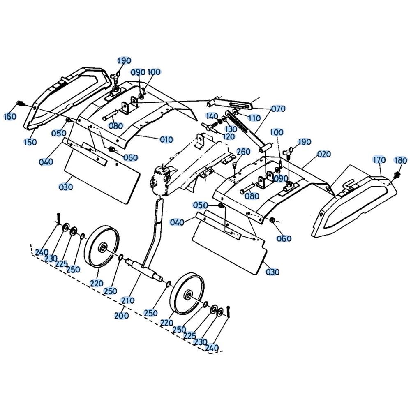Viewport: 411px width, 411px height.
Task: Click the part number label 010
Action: pyautogui.click(x=166, y=139)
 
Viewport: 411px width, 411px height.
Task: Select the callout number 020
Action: pyautogui.click(x=324, y=154)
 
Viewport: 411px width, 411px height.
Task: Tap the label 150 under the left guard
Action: pyautogui.click(x=30, y=142)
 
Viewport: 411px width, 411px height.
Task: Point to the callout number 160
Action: pyautogui.click(x=10, y=116)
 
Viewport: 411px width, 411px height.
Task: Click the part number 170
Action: pyautogui.click(x=379, y=159)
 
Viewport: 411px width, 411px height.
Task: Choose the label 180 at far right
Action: pyautogui.click(x=401, y=160)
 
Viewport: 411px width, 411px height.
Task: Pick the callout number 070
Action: pyautogui.click(x=278, y=108)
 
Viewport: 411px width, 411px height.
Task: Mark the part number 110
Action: pyautogui.click(x=254, y=118)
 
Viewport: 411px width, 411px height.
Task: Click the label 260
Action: pyautogui.click(x=243, y=151)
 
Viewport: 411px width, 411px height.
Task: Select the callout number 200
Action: pyautogui.click(x=121, y=315)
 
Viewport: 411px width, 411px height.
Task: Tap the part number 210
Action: pyautogui.click(x=128, y=300)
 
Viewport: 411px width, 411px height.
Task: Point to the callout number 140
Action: pyautogui.click(x=212, y=116)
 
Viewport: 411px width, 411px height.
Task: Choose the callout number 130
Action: pyautogui.click(x=231, y=129)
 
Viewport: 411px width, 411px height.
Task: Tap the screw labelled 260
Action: pyautogui.click(x=235, y=166)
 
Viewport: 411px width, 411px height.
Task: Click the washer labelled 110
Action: pyautogui.click(x=235, y=113)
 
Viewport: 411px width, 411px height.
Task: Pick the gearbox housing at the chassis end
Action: pyautogui.click(x=160, y=178)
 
